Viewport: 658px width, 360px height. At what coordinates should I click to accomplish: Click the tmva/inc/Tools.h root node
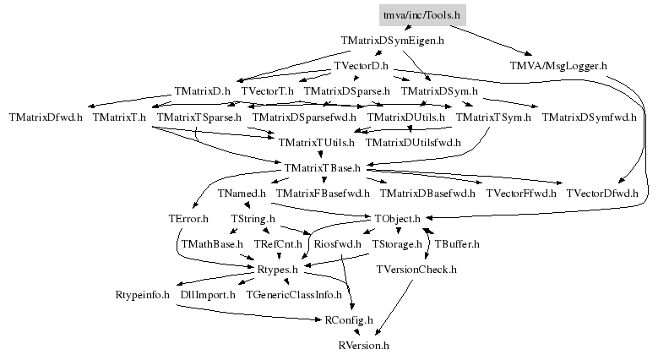coord(421,15)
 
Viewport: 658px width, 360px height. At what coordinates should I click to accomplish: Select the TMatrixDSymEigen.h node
coord(393,40)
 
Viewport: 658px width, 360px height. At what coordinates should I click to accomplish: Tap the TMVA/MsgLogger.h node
coord(558,65)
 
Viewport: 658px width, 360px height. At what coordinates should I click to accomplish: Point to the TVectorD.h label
coord(360,65)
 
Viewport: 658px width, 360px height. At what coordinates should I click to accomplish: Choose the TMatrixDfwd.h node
coord(46,117)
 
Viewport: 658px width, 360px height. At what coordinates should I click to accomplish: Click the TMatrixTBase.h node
coord(323,168)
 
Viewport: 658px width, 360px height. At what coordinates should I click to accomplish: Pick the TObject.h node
coord(397,219)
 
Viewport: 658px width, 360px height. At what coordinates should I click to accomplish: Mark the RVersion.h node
coord(363,346)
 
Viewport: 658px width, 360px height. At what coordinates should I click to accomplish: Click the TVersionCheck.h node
coord(416,270)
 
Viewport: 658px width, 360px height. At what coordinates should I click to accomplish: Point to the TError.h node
coord(188,219)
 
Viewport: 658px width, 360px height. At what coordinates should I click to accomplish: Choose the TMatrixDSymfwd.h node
coord(589,117)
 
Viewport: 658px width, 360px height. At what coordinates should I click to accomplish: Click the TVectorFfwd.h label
coord(520,194)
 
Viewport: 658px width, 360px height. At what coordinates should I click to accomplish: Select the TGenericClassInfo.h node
coord(294,295)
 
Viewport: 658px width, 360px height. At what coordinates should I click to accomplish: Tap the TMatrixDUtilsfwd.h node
coord(413,143)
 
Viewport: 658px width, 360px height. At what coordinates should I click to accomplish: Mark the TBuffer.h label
coord(457,244)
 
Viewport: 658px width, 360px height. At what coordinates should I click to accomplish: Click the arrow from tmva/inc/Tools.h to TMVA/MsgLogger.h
coord(494,40)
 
